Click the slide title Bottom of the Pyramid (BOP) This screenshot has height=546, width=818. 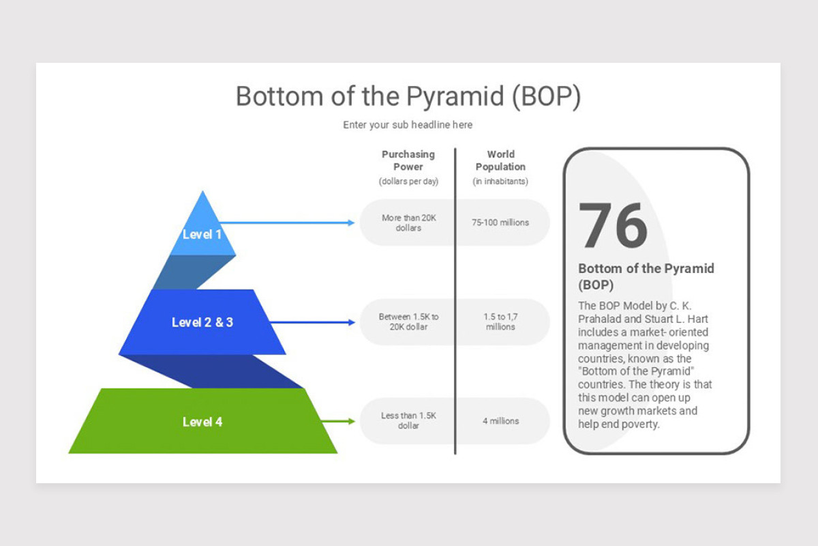(408, 96)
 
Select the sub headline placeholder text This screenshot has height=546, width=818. (408, 125)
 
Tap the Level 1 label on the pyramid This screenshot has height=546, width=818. (202, 235)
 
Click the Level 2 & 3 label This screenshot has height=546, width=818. (202, 322)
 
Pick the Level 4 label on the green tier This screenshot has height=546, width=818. (202, 422)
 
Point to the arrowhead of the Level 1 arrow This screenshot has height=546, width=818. (351, 222)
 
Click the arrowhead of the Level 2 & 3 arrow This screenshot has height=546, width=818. (351, 322)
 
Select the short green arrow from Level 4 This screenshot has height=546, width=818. (338, 421)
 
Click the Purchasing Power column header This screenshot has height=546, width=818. (408, 160)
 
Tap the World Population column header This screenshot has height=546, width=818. (500, 160)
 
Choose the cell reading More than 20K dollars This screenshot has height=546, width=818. (408, 222)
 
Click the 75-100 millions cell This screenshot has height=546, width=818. (500, 222)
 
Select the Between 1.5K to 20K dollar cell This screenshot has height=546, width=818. (408, 322)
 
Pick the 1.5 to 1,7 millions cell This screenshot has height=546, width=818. (500, 322)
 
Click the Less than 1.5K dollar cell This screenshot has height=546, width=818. (408, 421)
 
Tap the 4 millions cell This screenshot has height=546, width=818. (500, 421)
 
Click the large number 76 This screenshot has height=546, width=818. (613, 226)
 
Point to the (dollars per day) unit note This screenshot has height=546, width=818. (408, 182)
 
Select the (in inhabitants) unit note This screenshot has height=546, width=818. (500, 182)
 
